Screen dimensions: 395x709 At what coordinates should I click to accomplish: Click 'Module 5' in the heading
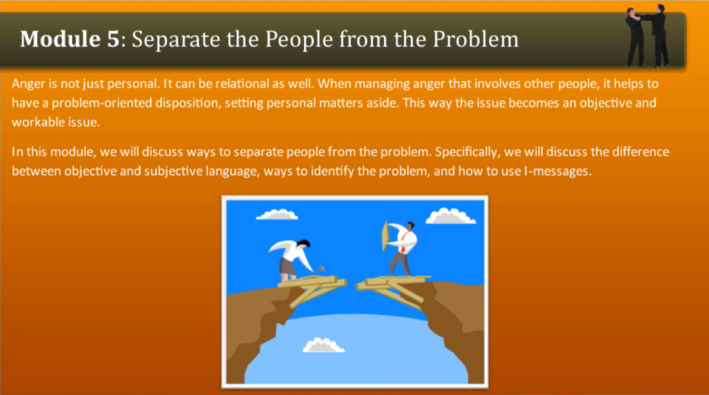(70, 40)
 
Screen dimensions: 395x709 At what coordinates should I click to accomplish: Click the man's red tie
(403, 243)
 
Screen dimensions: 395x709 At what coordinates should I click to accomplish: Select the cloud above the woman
(277, 214)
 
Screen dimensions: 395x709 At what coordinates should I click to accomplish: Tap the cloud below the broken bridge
(324, 345)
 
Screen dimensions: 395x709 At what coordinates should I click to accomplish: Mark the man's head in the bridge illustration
(411, 227)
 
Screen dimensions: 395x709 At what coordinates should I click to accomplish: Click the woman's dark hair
(304, 244)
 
